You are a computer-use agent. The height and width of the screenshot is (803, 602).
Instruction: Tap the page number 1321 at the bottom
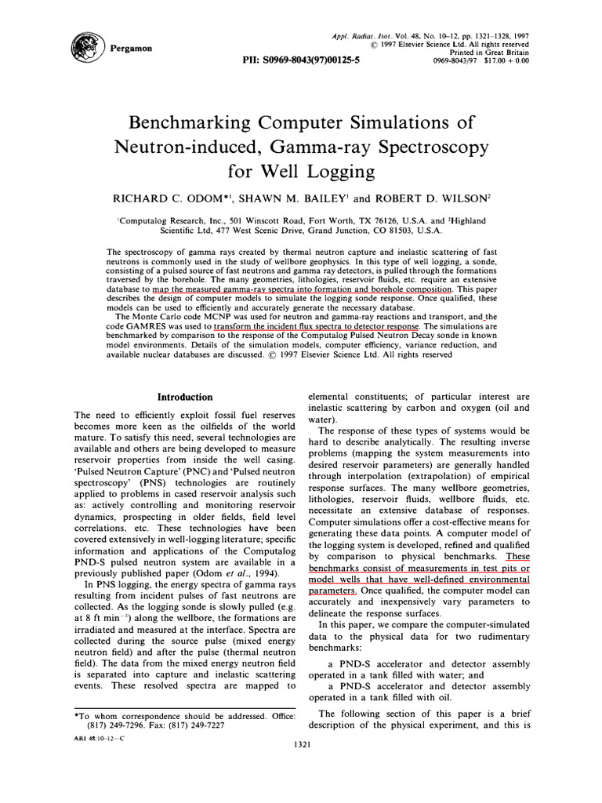click(x=301, y=744)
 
